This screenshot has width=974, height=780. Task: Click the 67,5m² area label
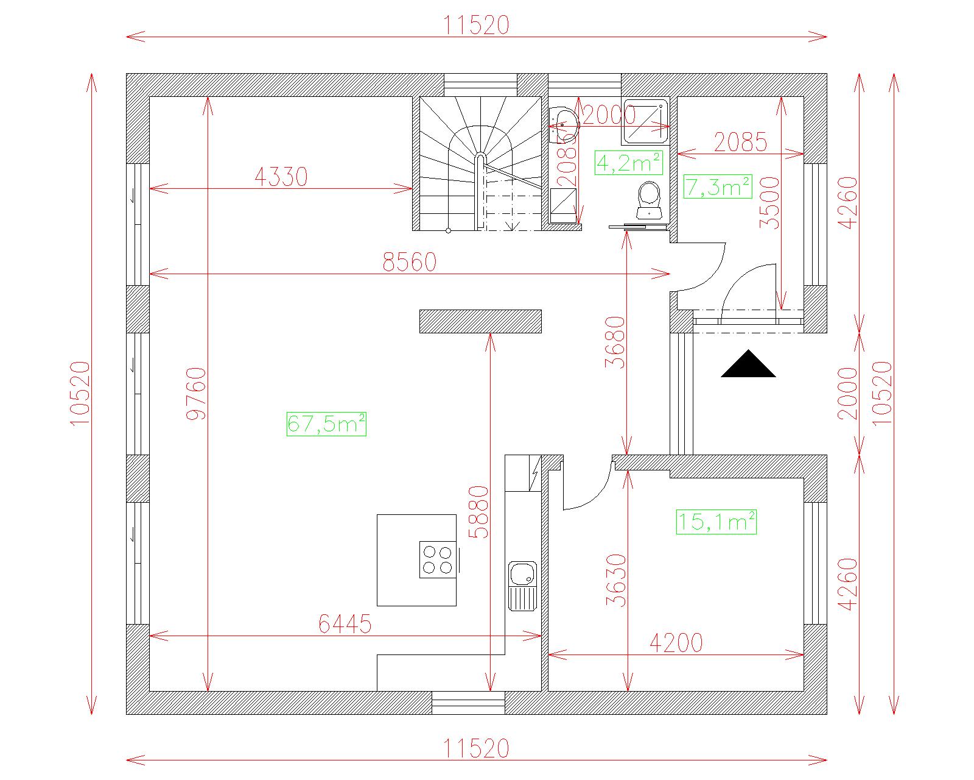click(326, 424)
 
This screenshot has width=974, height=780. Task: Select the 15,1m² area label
click(716, 522)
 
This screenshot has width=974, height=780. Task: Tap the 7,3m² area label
click(718, 186)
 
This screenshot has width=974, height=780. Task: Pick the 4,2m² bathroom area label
click(629, 163)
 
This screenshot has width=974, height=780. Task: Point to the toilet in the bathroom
click(649, 200)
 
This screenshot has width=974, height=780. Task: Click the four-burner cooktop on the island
click(437, 559)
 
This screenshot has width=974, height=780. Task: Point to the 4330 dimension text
click(281, 177)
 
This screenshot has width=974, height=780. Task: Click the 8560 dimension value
click(410, 262)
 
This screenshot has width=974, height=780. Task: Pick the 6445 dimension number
click(345, 624)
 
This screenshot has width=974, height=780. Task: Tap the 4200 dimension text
click(676, 643)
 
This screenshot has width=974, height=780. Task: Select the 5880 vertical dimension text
click(479, 512)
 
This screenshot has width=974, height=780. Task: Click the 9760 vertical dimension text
click(197, 394)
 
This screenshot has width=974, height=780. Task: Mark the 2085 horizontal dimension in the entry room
click(740, 142)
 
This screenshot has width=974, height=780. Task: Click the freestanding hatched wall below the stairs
click(480, 321)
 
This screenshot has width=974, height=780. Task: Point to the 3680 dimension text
click(615, 342)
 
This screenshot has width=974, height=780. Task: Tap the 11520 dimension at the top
click(476, 25)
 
